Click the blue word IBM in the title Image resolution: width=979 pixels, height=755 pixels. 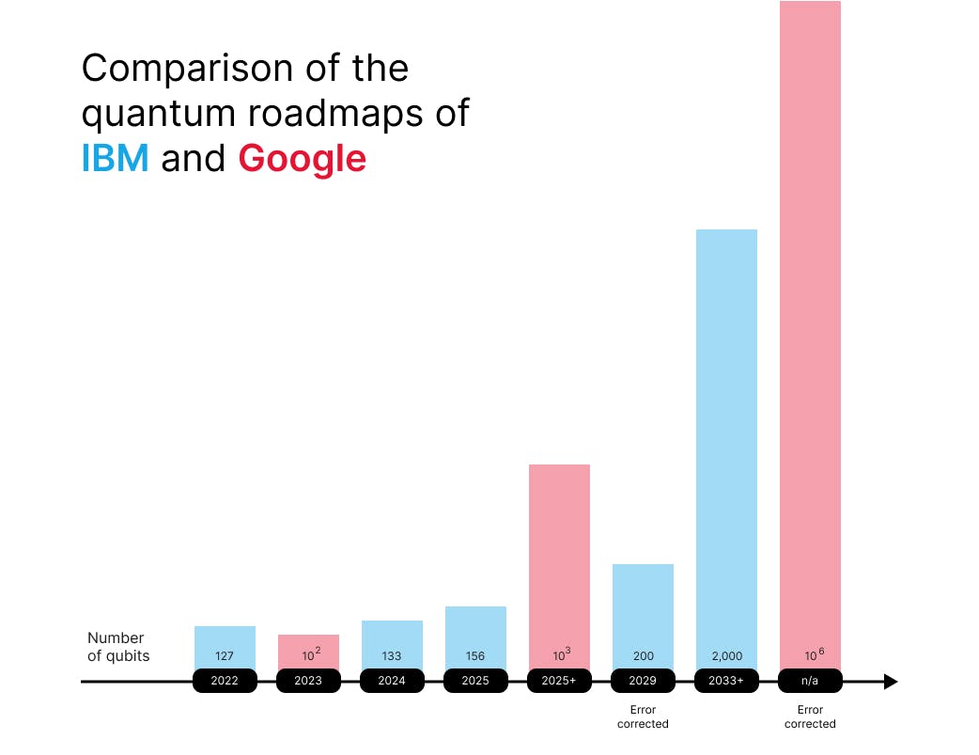[115, 158]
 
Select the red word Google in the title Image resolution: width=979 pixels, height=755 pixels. [302, 158]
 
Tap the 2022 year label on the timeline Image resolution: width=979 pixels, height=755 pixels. [225, 681]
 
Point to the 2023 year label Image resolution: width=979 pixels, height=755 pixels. [308, 681]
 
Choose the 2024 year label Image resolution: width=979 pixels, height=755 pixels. [392, 681]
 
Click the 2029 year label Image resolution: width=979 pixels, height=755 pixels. [643, 681]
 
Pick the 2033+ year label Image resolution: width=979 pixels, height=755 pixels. [726, 681]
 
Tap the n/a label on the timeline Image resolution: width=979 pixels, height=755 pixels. [810, 681]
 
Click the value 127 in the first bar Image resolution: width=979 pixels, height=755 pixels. [225, 656]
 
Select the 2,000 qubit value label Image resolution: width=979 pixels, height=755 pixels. [726, 656]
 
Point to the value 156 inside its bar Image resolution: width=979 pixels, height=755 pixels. [475, 656]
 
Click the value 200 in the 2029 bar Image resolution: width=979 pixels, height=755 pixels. [643, 656]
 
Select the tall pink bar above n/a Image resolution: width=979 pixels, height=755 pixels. [810, 320]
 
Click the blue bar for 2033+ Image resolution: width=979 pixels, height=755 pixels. [726, 433]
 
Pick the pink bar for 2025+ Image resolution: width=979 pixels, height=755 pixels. [559, 555]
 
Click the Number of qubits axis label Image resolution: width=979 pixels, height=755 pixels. [117, 647]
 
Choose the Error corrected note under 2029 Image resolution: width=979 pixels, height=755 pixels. [643, 716]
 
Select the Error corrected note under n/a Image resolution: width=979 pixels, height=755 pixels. [810, 716]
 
